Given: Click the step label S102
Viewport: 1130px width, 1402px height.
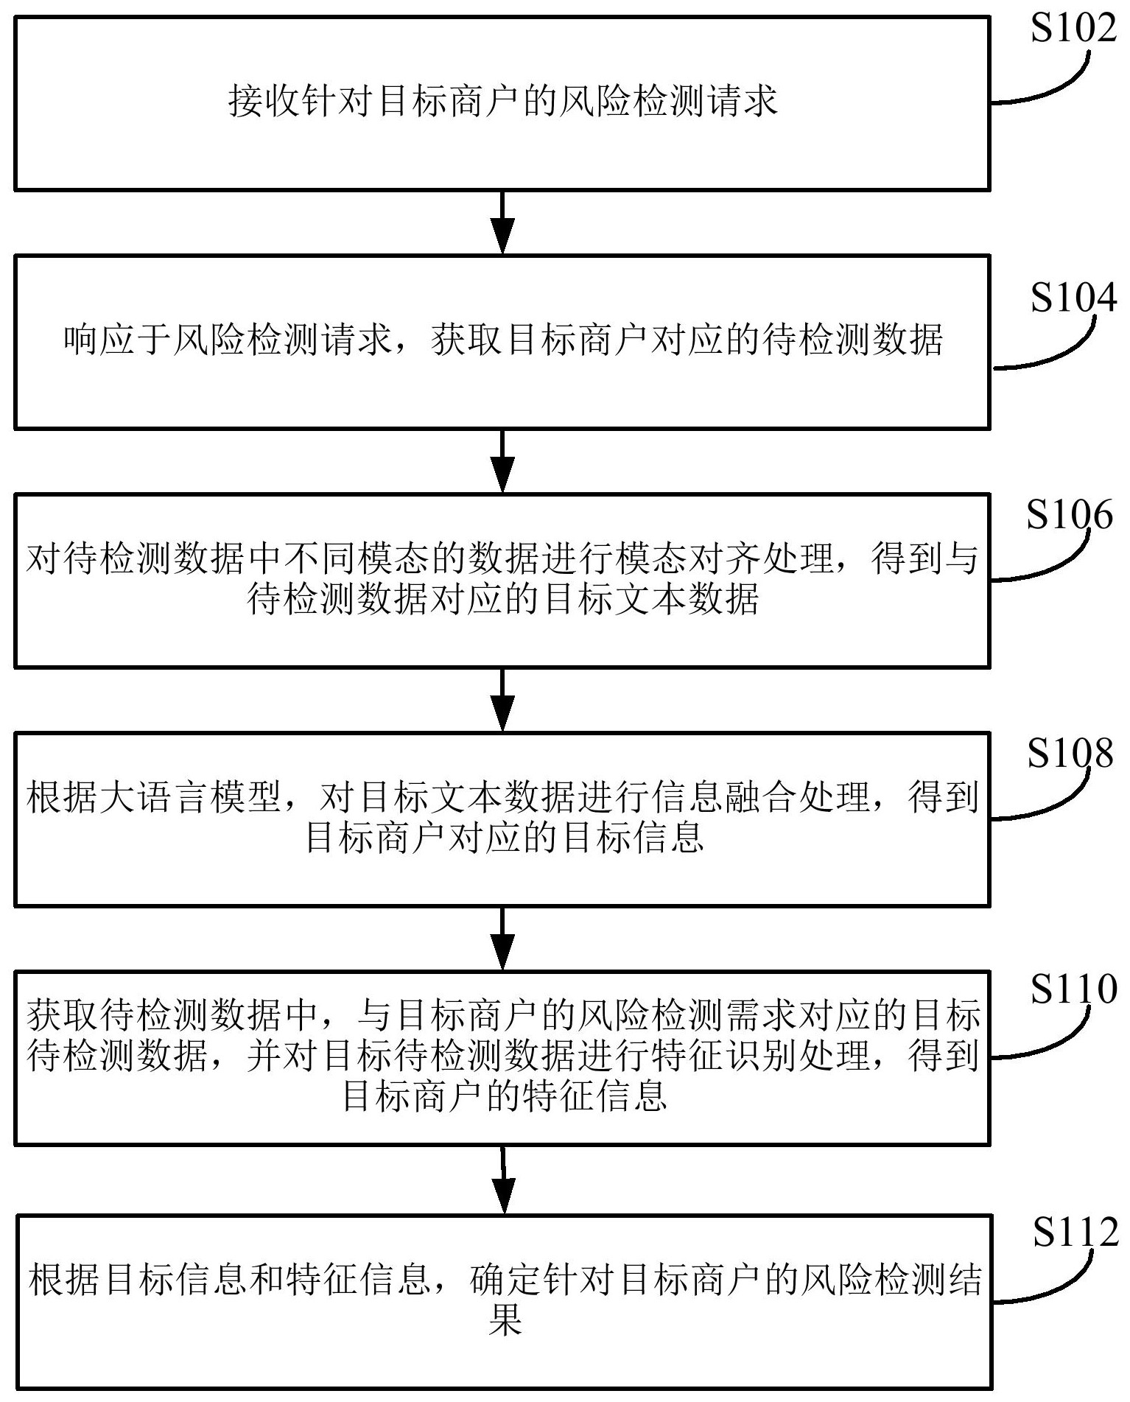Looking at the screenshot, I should [1073, 30].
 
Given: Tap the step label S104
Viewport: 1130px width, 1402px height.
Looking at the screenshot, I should [1073, 298].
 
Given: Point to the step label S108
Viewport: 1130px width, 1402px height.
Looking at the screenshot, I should [1070, 754].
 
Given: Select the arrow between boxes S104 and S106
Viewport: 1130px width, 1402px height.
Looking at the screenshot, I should [502, 461].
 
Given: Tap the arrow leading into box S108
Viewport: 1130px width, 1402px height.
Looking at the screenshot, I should [502, 699].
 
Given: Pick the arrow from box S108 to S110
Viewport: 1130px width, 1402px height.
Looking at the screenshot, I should [502, 938].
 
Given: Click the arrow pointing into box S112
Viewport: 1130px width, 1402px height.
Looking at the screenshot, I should [503, 1179].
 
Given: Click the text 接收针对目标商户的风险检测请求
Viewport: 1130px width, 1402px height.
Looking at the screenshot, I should [502, 102].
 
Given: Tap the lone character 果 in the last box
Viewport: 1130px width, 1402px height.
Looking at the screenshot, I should [505, 1321].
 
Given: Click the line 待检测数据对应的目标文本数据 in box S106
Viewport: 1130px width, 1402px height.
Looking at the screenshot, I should [502, 600].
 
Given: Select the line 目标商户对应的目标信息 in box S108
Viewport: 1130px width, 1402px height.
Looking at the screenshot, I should [505, 838].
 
